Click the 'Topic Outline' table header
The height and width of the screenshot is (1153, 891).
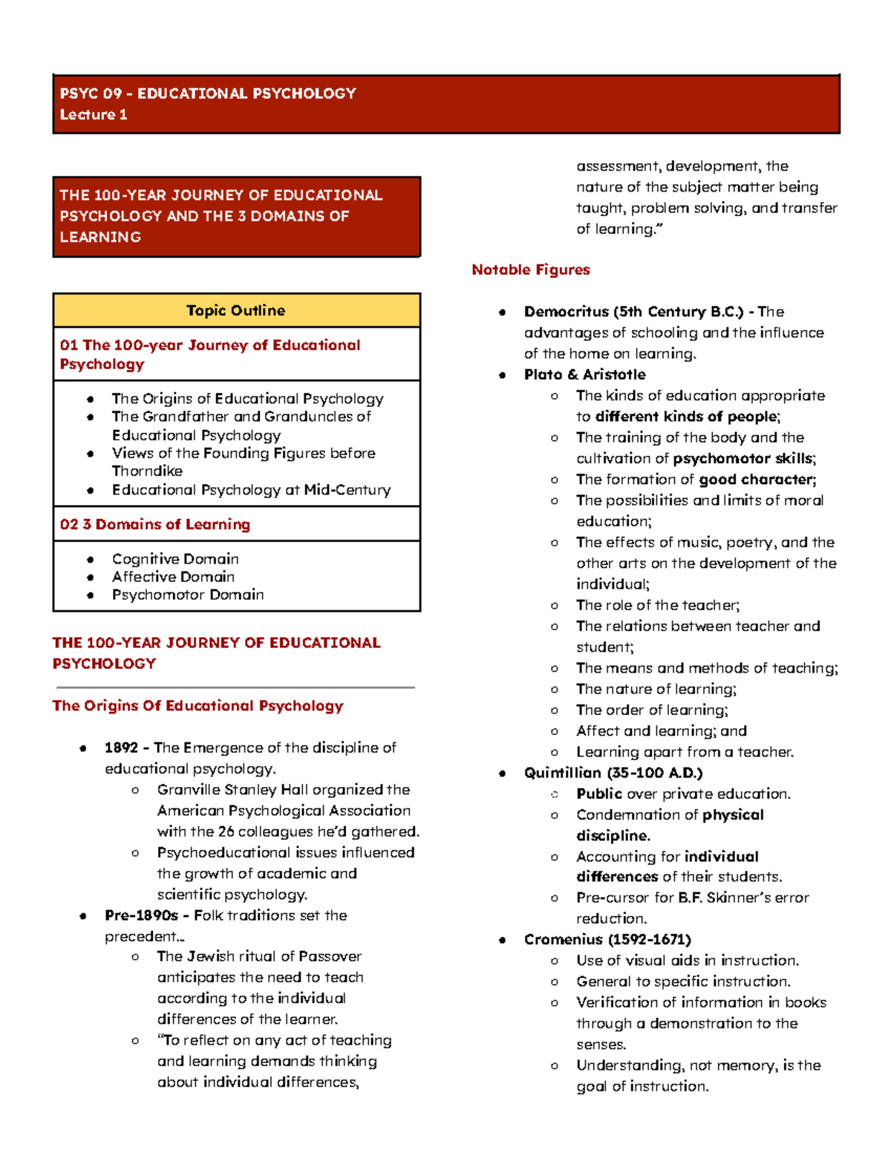click(235, 310)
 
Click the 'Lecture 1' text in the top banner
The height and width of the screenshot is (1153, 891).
click(94, 114)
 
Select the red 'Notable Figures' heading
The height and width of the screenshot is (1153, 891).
click(530, 270)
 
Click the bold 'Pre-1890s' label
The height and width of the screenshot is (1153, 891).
click(141, 915)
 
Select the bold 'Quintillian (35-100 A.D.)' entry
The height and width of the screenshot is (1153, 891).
click(613, 773)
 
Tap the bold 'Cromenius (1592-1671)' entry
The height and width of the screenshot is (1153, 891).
click(607, 939)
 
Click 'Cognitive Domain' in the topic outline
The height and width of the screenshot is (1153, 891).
click(175, 558)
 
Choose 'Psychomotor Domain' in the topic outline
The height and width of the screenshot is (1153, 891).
click(188, 595)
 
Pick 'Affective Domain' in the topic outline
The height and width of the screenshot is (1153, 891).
click(173, 577)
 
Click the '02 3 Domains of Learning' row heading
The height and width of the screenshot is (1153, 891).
click(155, 524)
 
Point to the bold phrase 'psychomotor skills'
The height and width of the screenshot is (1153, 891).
click(742, 459)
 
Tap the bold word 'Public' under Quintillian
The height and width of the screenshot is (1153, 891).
click(599, 794)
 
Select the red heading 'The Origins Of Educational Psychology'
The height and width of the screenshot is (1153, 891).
click(198, 705)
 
